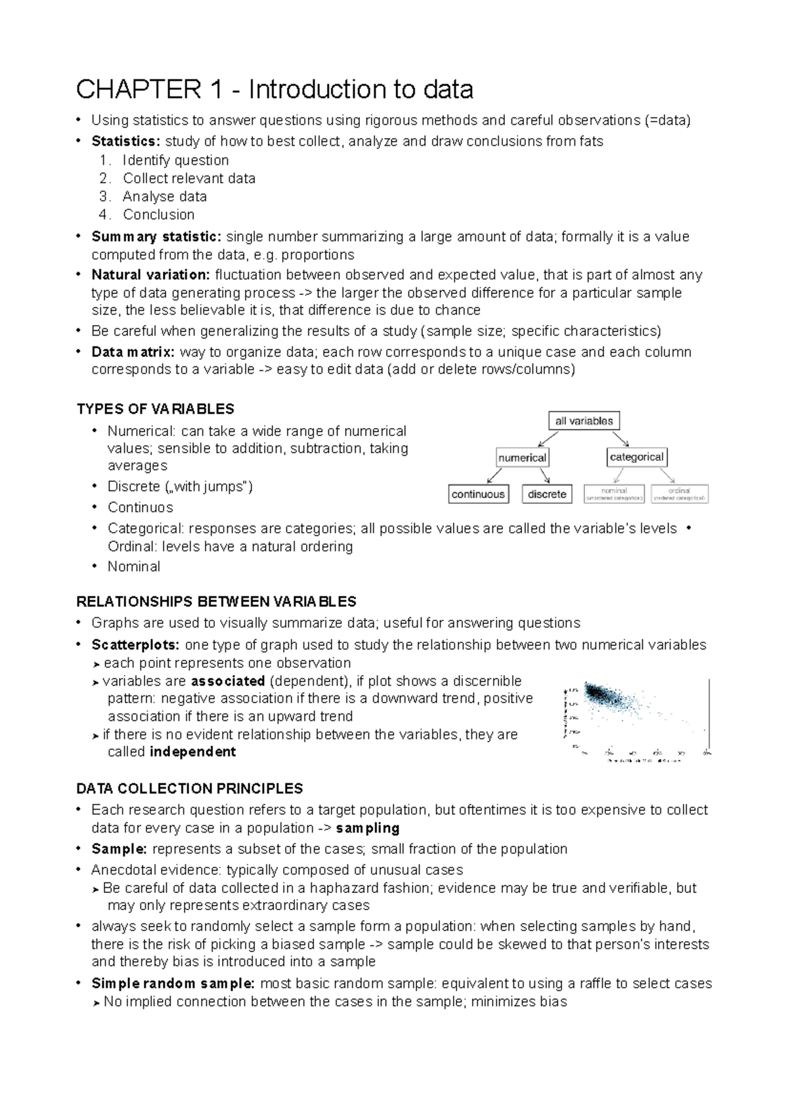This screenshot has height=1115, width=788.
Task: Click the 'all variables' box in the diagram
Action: point(584,421)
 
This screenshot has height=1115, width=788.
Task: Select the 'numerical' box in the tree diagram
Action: point(522,457)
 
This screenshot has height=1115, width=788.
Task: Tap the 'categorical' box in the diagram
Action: point(636,457)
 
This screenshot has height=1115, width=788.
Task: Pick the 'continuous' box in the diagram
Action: point(478,494)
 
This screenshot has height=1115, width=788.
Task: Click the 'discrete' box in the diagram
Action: point(546,494)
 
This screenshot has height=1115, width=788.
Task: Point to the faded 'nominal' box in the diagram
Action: point(614,494)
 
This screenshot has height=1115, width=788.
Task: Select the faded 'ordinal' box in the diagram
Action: point(680,494)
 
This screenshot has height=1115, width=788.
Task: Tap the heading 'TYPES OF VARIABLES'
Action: point(155,409)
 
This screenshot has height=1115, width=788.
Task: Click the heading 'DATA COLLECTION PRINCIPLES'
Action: point(190,788)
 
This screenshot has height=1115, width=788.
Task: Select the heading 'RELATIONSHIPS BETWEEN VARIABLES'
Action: point(216,601)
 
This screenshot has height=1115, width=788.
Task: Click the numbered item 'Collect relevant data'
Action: point(189,178)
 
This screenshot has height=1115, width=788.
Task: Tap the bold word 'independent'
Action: point(192,752)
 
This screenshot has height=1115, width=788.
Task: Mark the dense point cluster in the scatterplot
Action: point(601,696)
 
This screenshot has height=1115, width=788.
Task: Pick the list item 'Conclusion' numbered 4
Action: point(158,214)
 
